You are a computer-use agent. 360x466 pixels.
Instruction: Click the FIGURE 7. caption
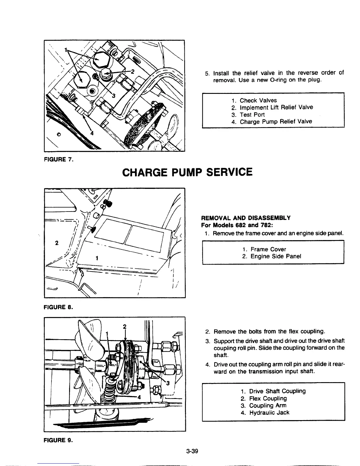point(58,160)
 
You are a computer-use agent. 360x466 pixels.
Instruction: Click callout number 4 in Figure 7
point(91,133)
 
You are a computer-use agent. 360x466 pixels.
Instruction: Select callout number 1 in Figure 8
point(97,258)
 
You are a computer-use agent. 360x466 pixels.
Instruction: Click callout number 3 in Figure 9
point(168,383)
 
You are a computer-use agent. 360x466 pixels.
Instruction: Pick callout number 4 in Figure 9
point(139,396)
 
